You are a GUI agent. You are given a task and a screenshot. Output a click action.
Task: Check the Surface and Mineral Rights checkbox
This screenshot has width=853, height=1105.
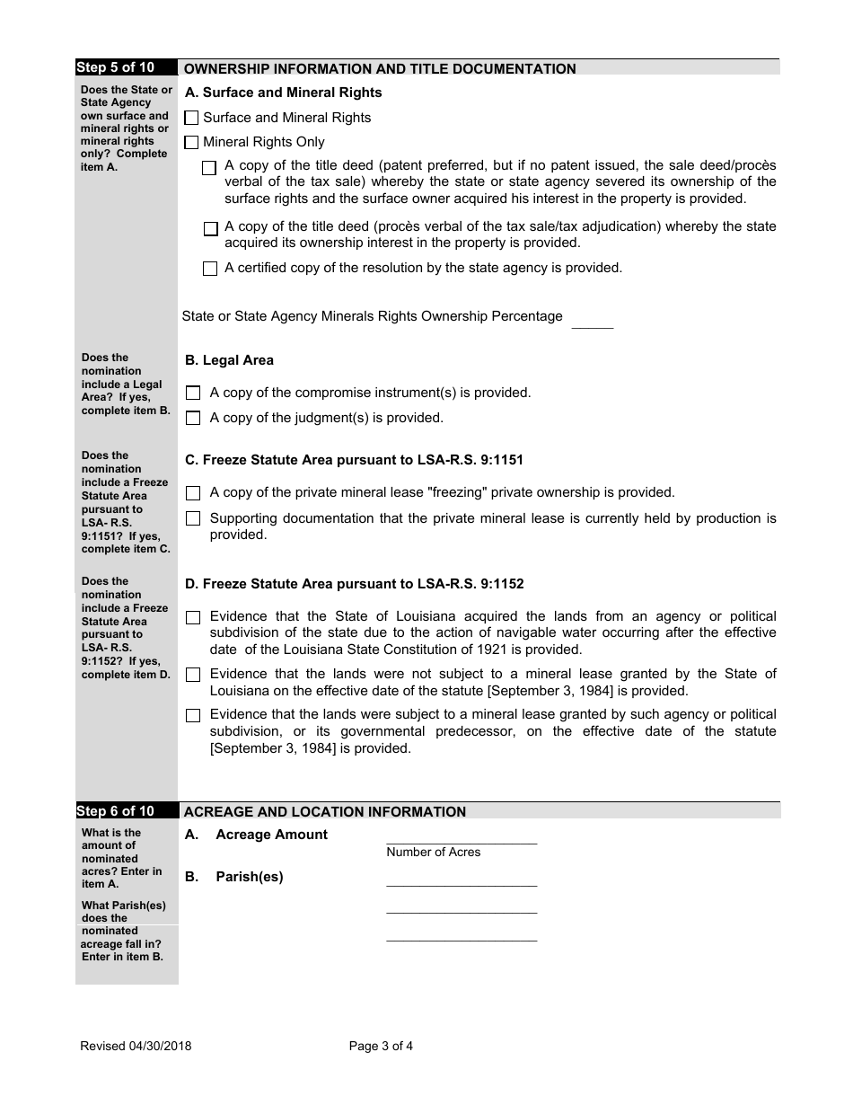point(191,118)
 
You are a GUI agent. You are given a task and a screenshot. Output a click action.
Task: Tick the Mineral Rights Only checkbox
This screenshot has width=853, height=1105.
point(191,142)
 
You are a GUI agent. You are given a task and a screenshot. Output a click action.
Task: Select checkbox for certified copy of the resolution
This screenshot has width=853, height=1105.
point(210,268)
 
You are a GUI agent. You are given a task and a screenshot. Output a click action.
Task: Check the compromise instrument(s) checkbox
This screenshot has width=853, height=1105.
point(193,393)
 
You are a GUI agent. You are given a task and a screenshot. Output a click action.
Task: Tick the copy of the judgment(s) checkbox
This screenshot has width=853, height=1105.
point(193,418)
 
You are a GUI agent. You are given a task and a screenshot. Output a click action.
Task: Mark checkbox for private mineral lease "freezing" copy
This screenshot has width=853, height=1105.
point(193,492)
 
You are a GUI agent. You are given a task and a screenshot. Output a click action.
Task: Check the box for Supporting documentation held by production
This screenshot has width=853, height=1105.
point(193,518)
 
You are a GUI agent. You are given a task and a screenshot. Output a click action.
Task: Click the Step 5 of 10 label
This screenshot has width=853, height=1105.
point(115,67)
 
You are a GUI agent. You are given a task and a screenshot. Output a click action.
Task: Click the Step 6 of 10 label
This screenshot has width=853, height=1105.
point(115,811)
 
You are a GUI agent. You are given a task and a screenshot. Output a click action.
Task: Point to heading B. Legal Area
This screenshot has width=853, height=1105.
point(229,360)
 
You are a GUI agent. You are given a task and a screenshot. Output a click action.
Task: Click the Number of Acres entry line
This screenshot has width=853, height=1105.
point(462,837)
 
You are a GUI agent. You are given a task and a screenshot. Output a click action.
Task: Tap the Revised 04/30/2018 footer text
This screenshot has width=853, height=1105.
point(136,1046)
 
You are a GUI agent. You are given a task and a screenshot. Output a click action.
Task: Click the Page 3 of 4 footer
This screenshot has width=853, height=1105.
point(381,1046)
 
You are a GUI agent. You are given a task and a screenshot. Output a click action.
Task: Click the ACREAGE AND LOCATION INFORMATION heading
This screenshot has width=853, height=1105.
point(325,811)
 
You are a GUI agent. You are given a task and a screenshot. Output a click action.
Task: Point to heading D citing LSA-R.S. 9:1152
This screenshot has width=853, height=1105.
point(354,584)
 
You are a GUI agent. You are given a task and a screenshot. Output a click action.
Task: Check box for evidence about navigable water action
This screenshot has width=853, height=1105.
point(193,617)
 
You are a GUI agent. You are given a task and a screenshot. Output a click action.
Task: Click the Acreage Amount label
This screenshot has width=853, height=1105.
point(271,835)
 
